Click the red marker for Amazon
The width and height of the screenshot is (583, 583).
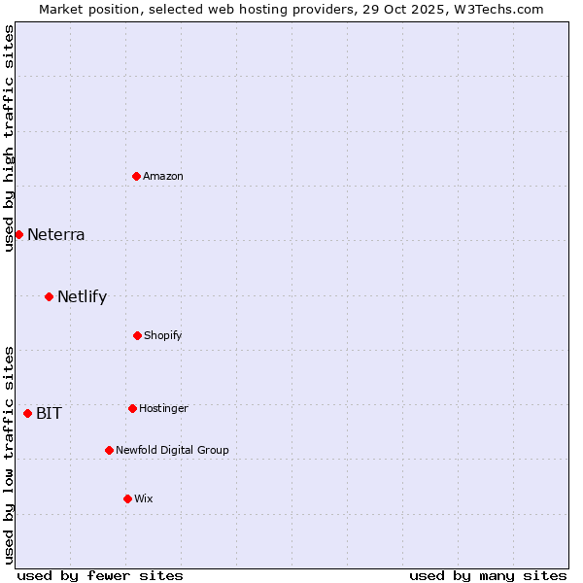tap(137, 176)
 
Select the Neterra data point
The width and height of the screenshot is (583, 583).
tap(18, 234)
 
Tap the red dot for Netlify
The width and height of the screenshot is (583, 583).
tap(49, 296)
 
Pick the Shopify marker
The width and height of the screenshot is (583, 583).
tap(137, 335)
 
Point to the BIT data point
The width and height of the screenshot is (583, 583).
tap(27, 413)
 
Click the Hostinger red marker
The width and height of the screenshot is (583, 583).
tap(132, 408)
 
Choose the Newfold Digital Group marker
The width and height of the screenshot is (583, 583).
tap(109, 450)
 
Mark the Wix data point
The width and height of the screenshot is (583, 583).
tap(127, 498)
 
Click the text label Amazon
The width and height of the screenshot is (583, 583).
tap(163, 176)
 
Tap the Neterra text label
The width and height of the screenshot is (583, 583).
tap(56, 234)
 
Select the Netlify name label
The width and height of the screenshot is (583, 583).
tap(82, 296)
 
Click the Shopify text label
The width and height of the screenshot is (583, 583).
tap(163, 335)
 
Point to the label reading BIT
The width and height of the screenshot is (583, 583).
tap(49, 413)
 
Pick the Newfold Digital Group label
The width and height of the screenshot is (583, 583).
tap(172, 450)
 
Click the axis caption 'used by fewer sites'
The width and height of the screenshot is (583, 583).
tap(100, 575)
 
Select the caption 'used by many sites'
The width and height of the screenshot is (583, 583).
tap(488, 575)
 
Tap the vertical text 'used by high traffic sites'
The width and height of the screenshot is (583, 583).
tap(9, 138)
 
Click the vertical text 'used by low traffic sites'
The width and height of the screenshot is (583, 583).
tap(9, 454)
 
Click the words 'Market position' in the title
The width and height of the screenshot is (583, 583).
tap(84, 10)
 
